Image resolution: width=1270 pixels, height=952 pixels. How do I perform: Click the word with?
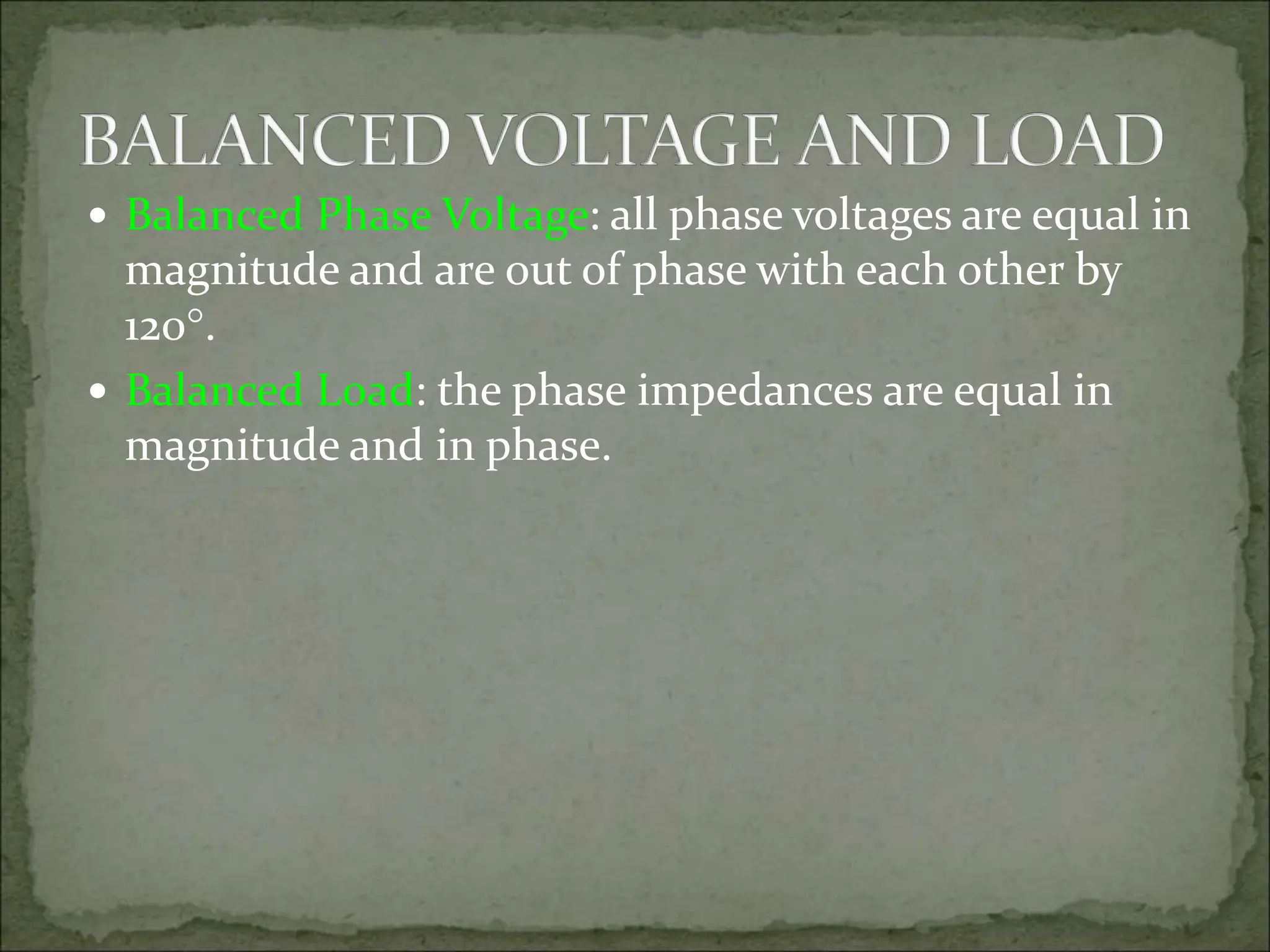pos(801,273)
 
